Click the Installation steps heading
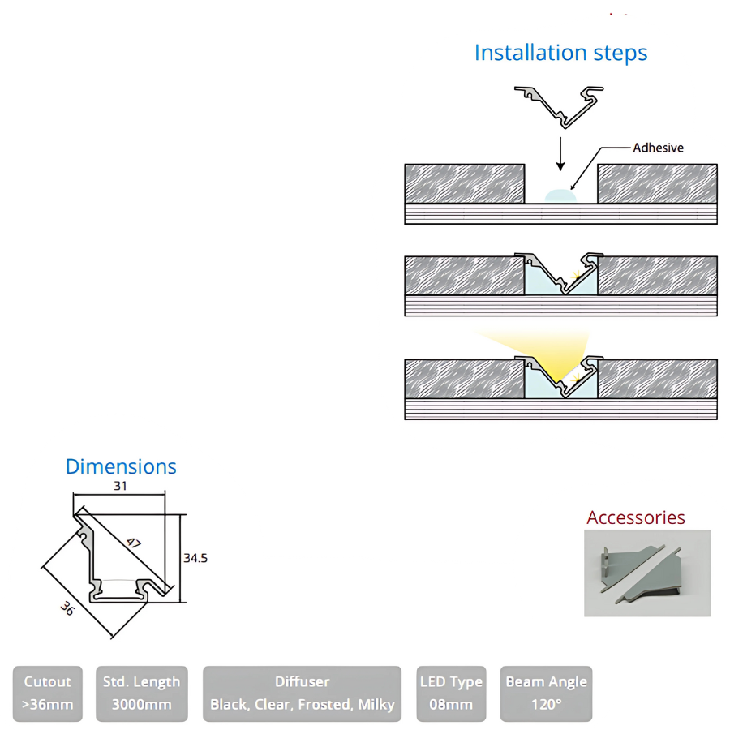560,53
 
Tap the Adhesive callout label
658,148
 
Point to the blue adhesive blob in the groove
560,195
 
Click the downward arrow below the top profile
560,152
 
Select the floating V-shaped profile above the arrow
560,105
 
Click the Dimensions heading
121,466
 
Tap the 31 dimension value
120,486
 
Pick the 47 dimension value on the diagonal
133,543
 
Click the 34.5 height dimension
195,558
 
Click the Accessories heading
636,517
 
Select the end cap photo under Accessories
647,573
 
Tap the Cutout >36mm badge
48,693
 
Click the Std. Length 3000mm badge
142,693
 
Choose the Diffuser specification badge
302,693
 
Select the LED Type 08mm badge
450,693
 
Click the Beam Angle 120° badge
546,693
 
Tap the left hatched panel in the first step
464,183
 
